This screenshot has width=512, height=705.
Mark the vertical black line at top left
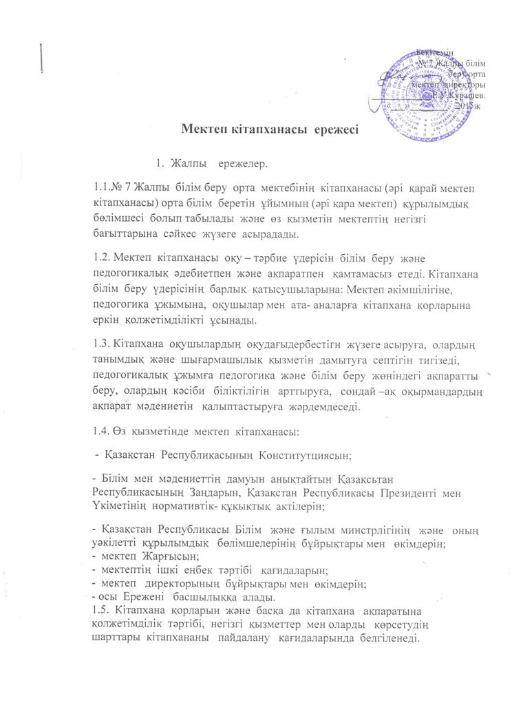click(43, 56)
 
